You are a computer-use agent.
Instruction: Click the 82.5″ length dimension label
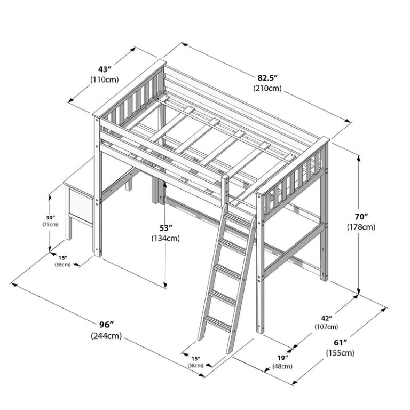pyautogui.click(x=267, y=78)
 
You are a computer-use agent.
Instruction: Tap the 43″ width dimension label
pyautogui.click(x=105, y=69)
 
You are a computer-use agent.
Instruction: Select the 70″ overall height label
pyautogui.click(x=361, y=217)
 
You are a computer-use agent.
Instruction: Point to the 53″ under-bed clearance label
pyautogui.click(x=165, y=228)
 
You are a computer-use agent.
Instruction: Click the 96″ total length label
pyautogui.click(x=107, y=325)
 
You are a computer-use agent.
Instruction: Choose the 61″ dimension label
pyautogui.click(x=340, y=343)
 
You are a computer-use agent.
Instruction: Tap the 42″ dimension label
pyautogui.click(x=327, y=318)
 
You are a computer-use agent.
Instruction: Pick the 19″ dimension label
pyautogui.click(x=282, y=358)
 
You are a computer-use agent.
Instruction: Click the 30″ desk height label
pyautogui.click(x=51, y=218)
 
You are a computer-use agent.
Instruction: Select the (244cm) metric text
pyautogui.click(x=106, y=335)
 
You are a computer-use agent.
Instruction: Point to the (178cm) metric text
pyautogui.click(x=361, y=227)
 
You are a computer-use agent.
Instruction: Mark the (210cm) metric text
pyautogui.click(x=267, y=88)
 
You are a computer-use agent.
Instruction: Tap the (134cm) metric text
pyautogui.click(x=165, y=238)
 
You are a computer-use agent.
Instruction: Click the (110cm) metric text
pyautogui.click(x=105, y=80)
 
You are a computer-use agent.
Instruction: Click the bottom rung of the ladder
pyautogui.click(x=218, y=322)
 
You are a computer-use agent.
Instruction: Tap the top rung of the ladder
pyautogui.click(x=238, y=220)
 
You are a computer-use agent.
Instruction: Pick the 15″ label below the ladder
pyautogui.click(x=195, y=358)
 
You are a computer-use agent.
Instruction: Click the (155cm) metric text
pyautogui.click(x=340, y=353)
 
